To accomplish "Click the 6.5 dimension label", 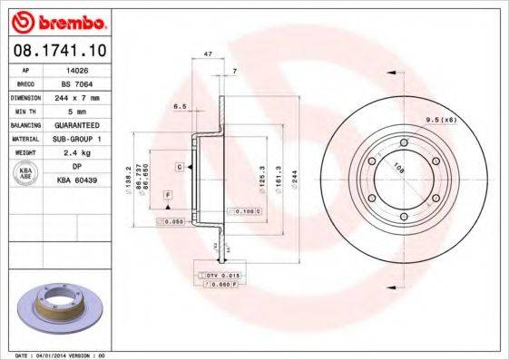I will click(x=180, y=106).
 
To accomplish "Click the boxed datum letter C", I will click(x=180, y=168).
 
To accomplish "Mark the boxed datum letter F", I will click(x=167, y=195).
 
